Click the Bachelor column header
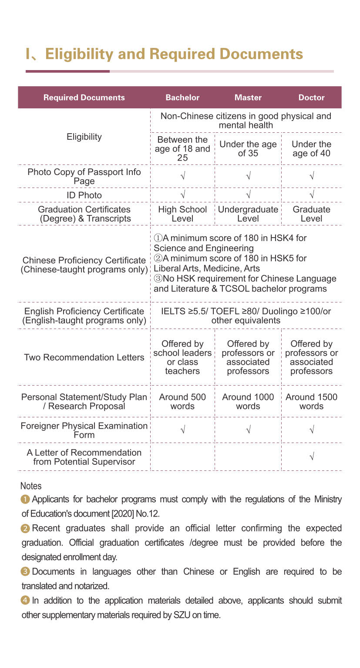point(182,97)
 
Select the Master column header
point(248,97)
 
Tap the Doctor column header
point(311,97)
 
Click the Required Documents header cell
point(84,97)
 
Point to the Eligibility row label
point(84,137)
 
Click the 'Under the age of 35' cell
point(248,149)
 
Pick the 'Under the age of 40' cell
point(311,149)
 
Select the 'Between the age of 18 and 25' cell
point(182,149)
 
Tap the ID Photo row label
point(84,195)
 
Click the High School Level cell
point(182,214)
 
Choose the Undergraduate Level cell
point(248,214)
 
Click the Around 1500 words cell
point(311,401)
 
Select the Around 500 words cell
point(182,401)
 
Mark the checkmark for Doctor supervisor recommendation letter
point(311,457)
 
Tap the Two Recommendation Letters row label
point(84,357)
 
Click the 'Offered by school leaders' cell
point(182,357)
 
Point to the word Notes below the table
point(31,486)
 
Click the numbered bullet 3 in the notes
point(26,571)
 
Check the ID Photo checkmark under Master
point(248,195)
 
